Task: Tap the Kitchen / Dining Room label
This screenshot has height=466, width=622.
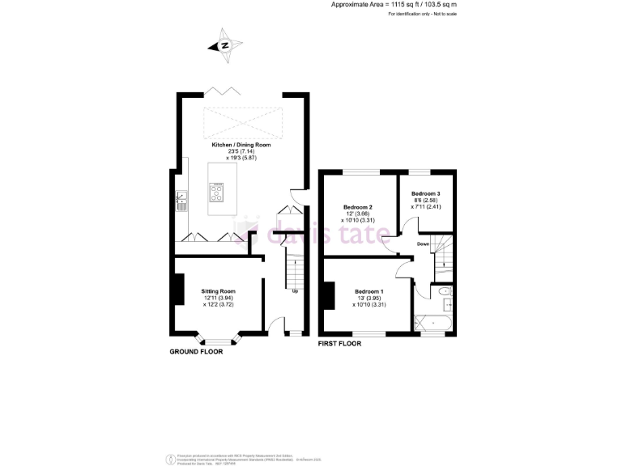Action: pyautogui.click(x=241, y=145)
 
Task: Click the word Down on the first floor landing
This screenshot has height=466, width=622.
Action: pyautogui.click(x=423, y=244)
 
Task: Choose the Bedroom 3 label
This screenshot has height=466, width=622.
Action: pyautogui.click(x=426, y=194)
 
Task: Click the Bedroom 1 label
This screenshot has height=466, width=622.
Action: pyautogui.click(x=369, y=291)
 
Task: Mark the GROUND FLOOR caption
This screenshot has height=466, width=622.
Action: pyautogui.click(x=195, y=352)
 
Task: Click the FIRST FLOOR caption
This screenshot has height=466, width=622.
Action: pyautogui.click(x=339, y=344)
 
